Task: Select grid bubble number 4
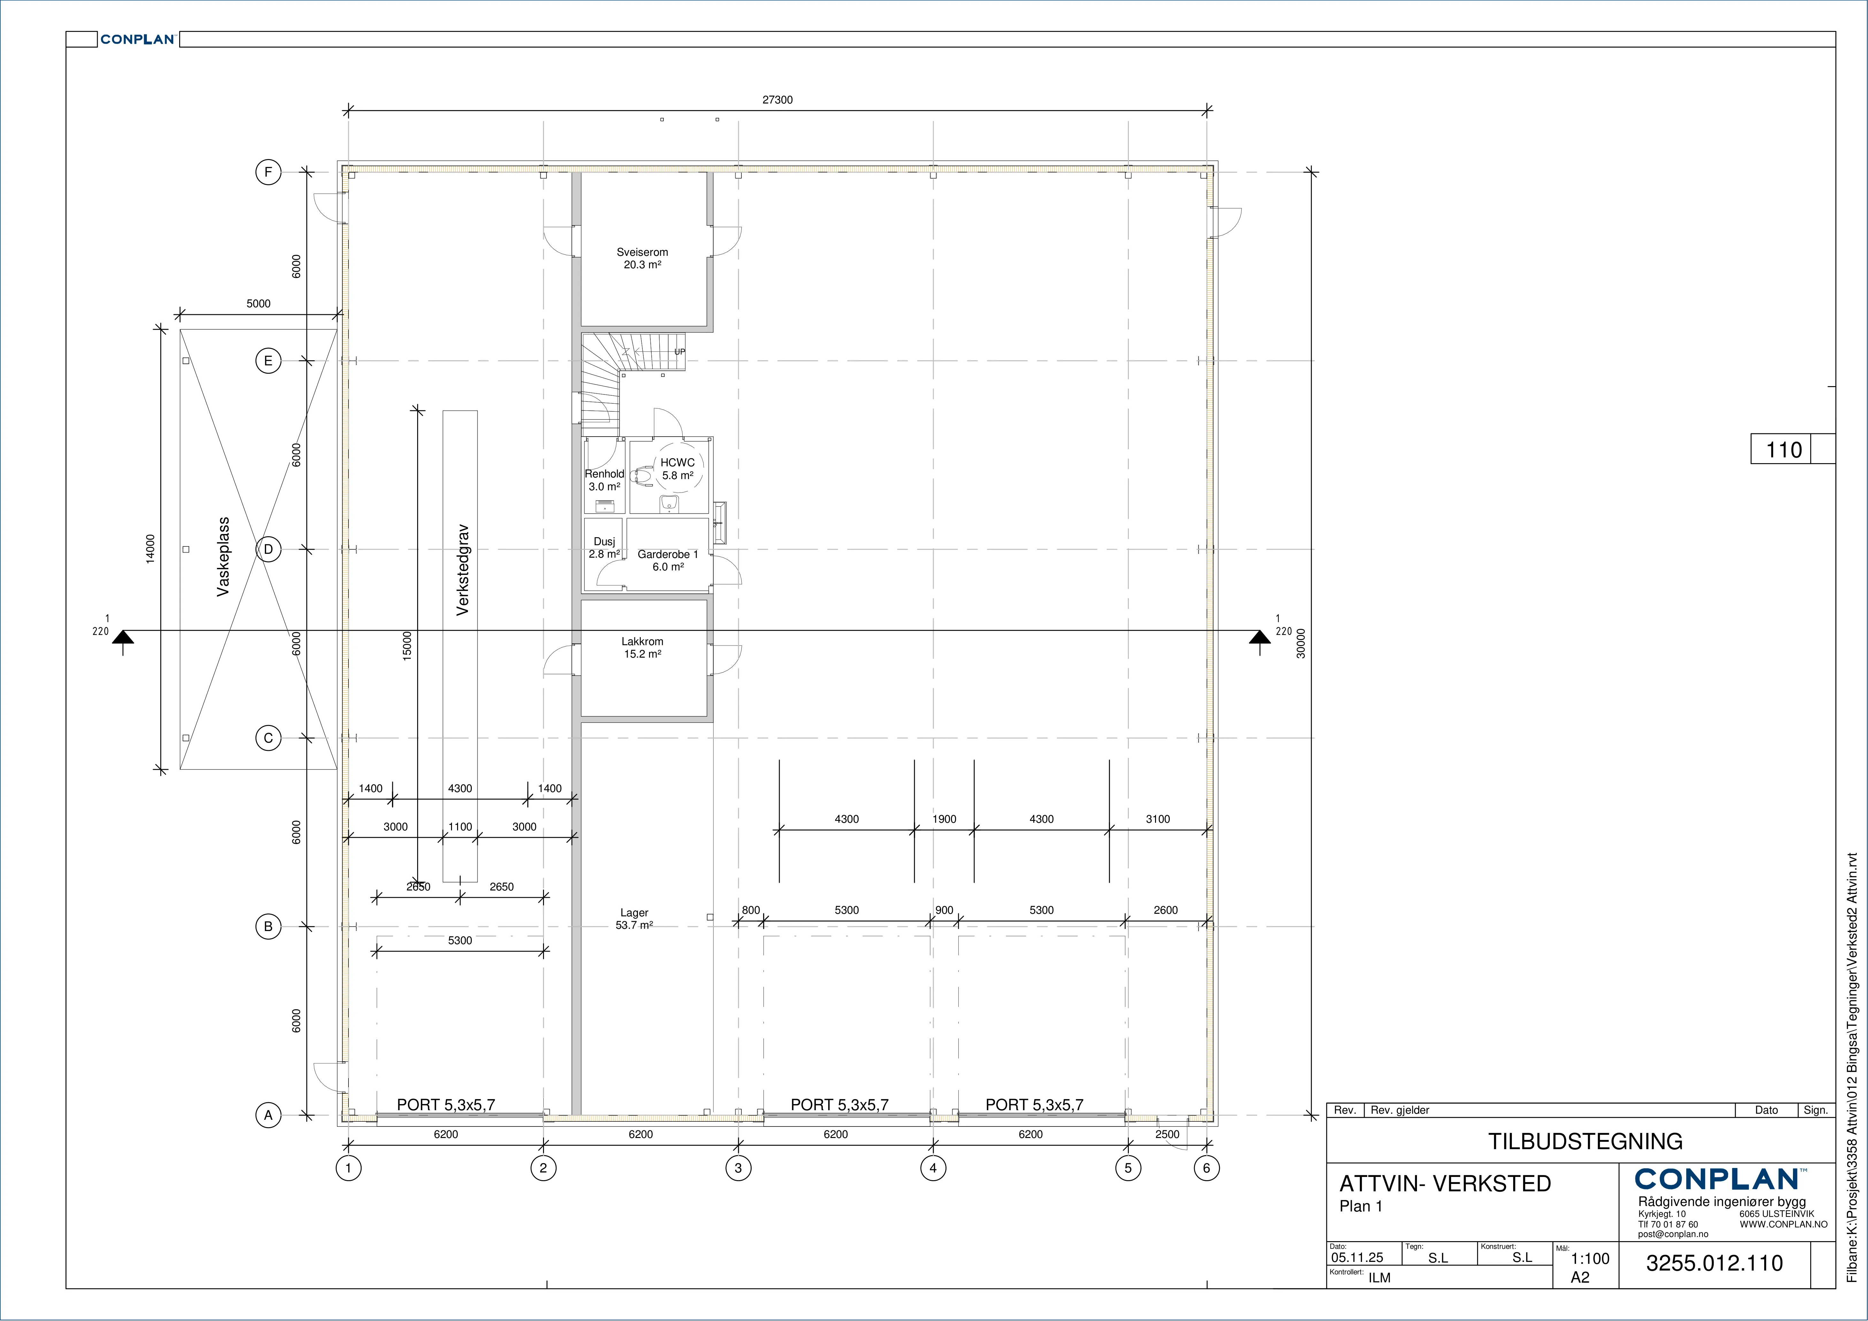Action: pos(933,1168)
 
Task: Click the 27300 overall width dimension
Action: pos(777,100)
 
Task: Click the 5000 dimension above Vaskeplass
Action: pos(259,303)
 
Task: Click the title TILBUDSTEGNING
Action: pos(1586,1141)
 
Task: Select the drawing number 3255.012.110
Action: pos(1714,1263)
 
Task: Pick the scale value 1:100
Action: pos(1590,1258)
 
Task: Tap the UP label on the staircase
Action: pos(679,352)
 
